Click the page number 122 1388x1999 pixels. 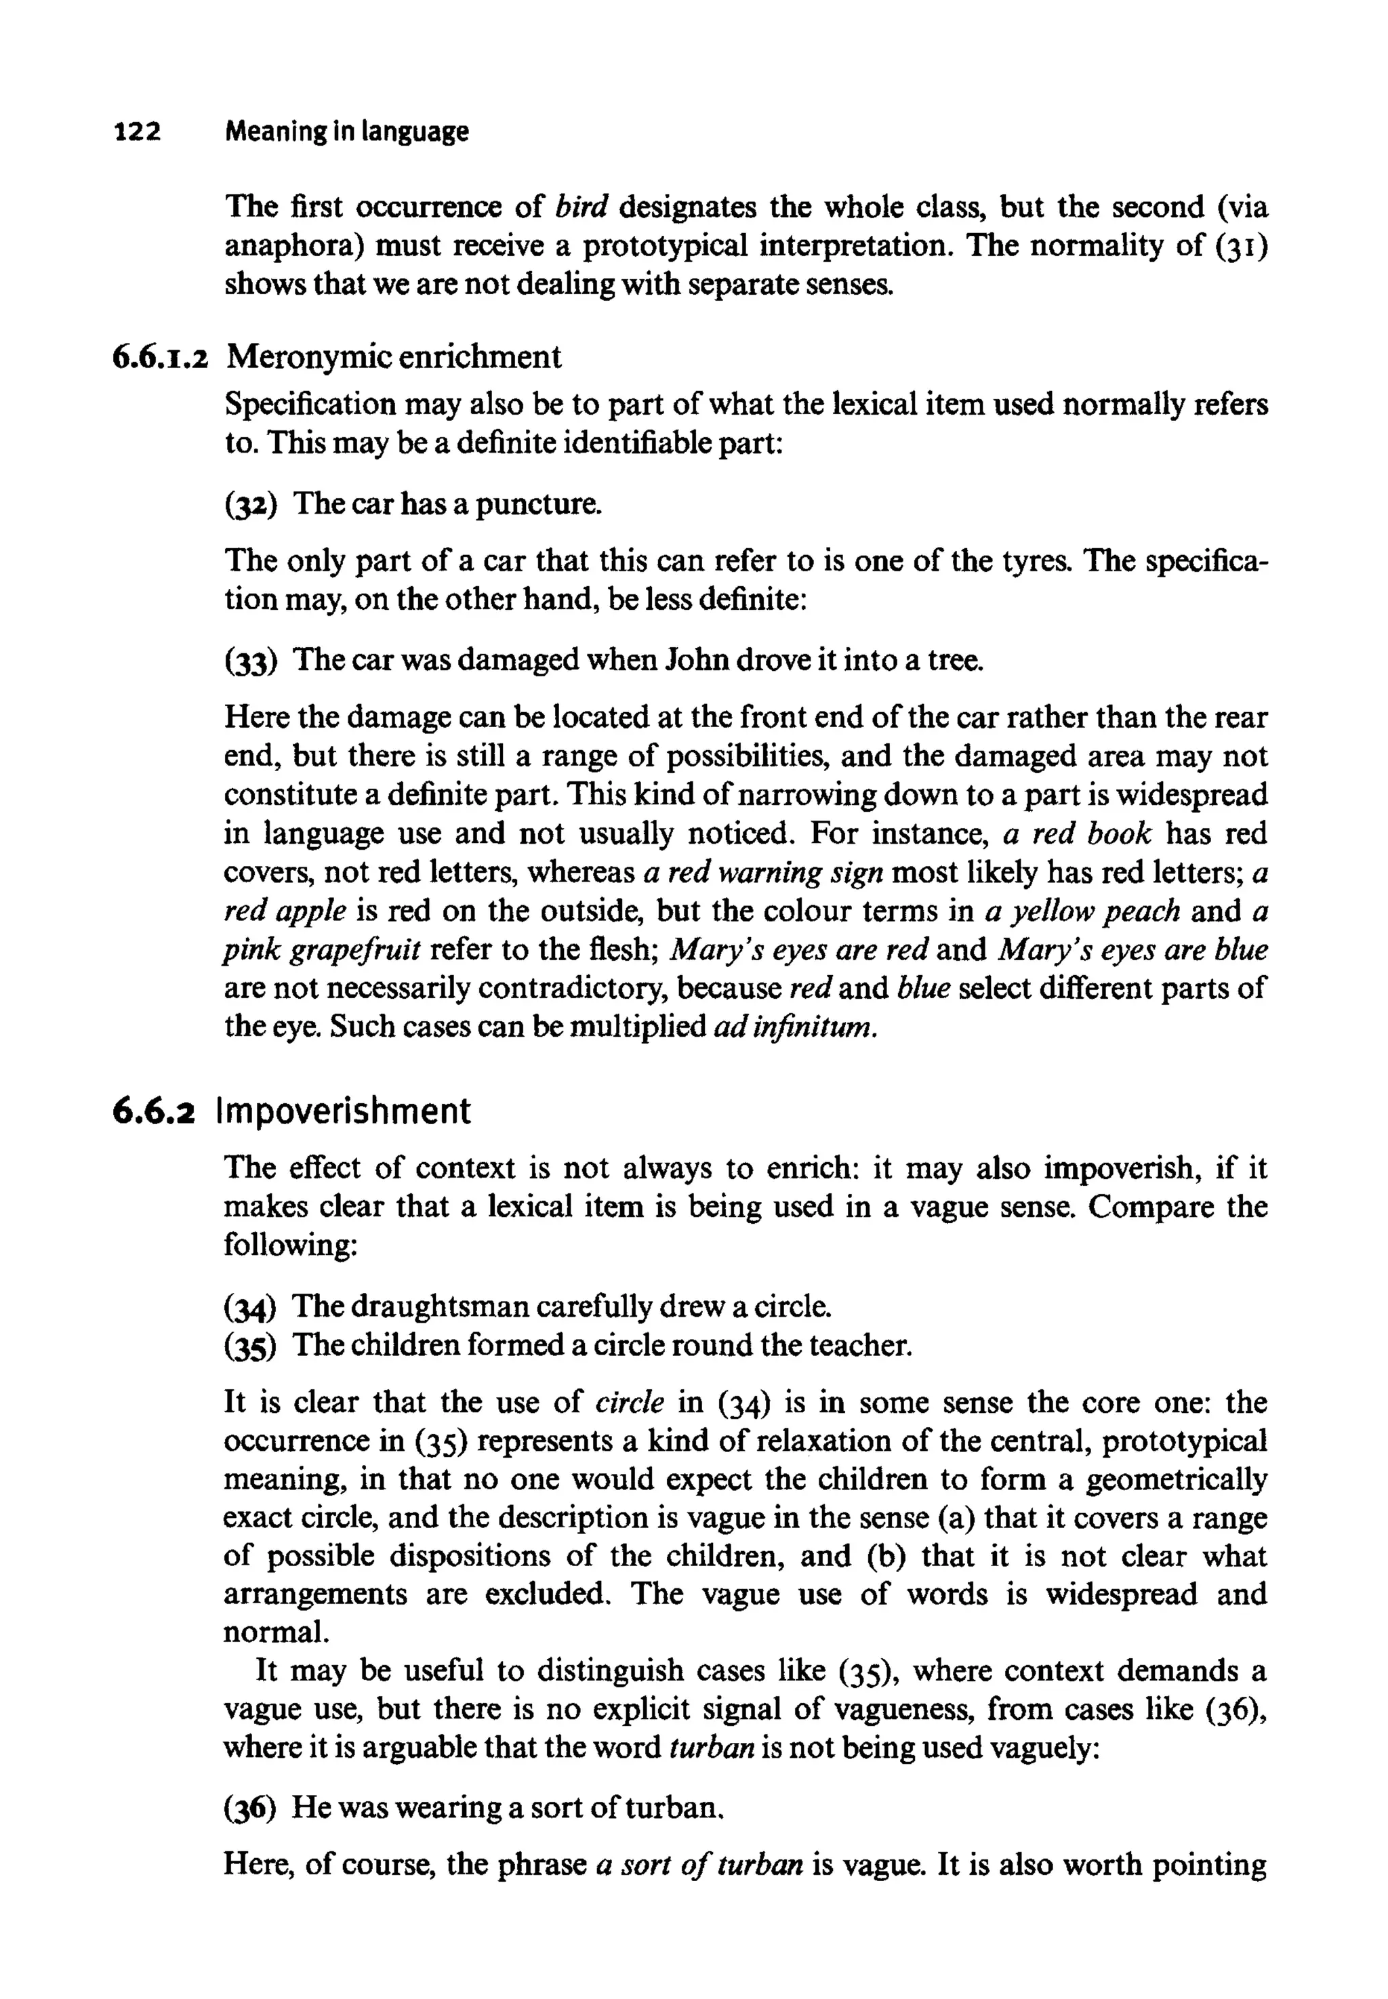click(138, 132)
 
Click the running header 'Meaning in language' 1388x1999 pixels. click(346, 132)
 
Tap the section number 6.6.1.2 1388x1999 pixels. click(160, 357)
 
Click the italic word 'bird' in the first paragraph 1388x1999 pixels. click(581, 207)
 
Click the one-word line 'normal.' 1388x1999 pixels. click(277, 1633)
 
